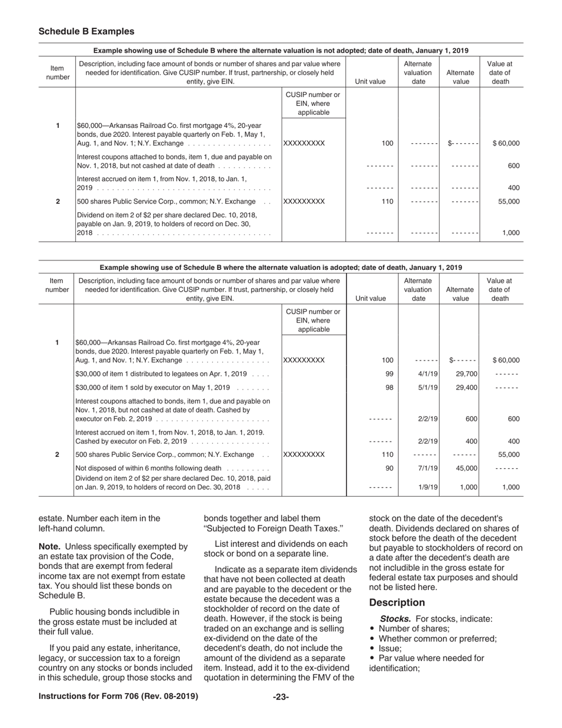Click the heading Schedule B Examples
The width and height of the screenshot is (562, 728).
[x=86, y=31]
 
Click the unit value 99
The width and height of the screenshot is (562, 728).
[x=389, y=374]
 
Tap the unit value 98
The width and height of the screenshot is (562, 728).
[x=389, y=388]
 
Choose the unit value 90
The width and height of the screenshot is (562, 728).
[x=389, y=468]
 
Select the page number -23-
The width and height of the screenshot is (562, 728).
[x=280, y=697]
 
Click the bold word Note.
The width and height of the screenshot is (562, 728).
[x=50, y=546]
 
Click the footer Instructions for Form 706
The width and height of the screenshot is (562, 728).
[x=118, y=697]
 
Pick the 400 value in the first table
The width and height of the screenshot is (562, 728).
[x=513, y=188]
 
